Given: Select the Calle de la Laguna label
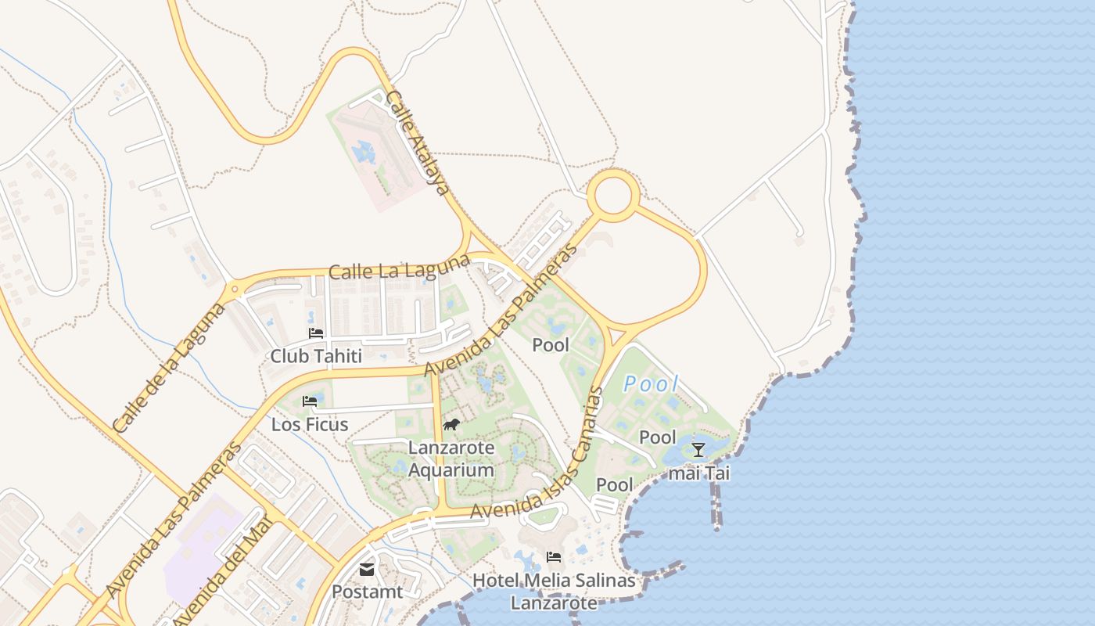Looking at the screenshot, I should (x=169, y=366).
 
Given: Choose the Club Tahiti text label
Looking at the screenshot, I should (x=316, y=356).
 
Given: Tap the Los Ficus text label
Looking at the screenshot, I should (x=309, y=425).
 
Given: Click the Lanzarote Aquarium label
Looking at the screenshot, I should (x=451, y=459).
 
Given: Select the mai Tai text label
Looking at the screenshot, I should (x=698, y=473).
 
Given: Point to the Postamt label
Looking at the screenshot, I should (x=367, y=592).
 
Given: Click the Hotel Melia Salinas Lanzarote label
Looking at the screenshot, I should (x=554, y=592).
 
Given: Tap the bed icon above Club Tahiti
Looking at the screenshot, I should (x=316, y=333).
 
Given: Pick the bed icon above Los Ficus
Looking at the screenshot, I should (x=310, y=401).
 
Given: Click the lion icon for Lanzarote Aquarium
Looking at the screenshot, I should (x=451, y=425).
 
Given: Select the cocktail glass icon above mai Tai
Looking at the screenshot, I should (x=698, y=449).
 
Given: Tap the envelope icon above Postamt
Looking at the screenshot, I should (x=367, y=570).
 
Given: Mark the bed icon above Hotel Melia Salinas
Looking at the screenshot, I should (x=554, y=557).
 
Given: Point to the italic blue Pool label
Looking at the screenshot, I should (x=651, y=384).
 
